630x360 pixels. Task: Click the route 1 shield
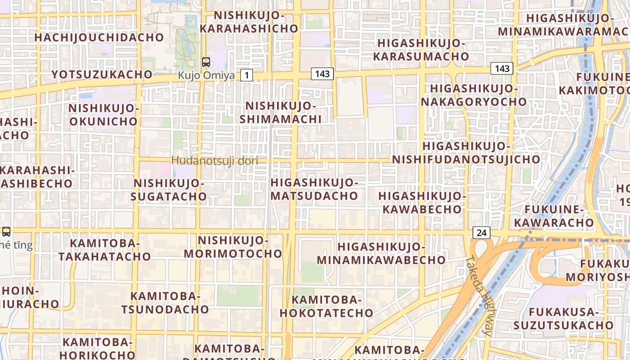pyautogui.click(x=246, y=75)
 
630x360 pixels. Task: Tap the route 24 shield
pyautogui.click(x=481, y=233)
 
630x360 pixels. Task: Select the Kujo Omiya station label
pyautogui.click(x=206, y=75)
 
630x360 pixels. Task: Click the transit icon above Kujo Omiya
pyautogui.click(x=206, y=62)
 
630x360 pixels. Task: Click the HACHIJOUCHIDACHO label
pyautogui.click(x=99, y=37)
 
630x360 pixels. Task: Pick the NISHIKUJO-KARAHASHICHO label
pyautogui.click(x=249, y=22)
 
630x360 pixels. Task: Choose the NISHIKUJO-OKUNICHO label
pyautogui.click(x=103, y=115)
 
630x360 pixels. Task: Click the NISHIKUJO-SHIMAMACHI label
pyautogui.click(x=280, y=112)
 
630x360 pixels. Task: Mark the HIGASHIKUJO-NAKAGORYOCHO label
pyautogui.click(x=473, y=95)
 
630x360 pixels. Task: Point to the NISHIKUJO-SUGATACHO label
pyautogui.click(x=169, y=189)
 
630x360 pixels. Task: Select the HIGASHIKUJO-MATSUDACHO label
pyautogui.click(x=314, y=189)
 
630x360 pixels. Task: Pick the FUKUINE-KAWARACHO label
pyautogui.click(x=554, y=216)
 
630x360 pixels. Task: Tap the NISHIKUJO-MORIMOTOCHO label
pyautogui.click(x=233, y=247)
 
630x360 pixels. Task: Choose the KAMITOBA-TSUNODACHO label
pyautogui.click(x=165, y=303)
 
